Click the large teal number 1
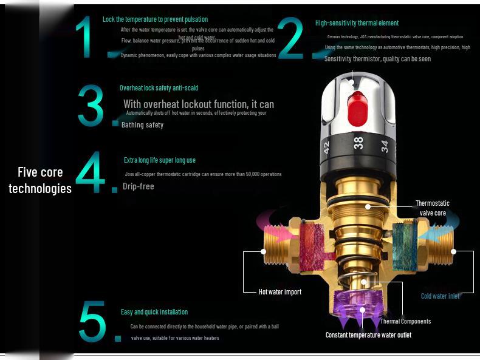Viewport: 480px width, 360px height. tap(86, 38)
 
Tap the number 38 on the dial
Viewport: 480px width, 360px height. tap(358, 144)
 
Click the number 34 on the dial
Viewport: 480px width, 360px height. tap(384, 146)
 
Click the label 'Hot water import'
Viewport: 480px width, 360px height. tap(279, 292)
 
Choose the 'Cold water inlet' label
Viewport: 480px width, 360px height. tap(440, 296)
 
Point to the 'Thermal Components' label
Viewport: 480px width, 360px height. tap(405, 321)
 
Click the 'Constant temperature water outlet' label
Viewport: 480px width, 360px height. tap(368, 335)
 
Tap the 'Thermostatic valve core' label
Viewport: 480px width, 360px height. tap(432, 208)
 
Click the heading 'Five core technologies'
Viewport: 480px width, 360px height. tap(40, 180)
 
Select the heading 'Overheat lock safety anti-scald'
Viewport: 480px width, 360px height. tap(159, 88)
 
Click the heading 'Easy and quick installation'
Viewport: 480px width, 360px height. tap(154, 312)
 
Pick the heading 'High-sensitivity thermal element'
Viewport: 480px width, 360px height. tap(357, 23)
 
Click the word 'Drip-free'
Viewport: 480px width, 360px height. tap(139, 186)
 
